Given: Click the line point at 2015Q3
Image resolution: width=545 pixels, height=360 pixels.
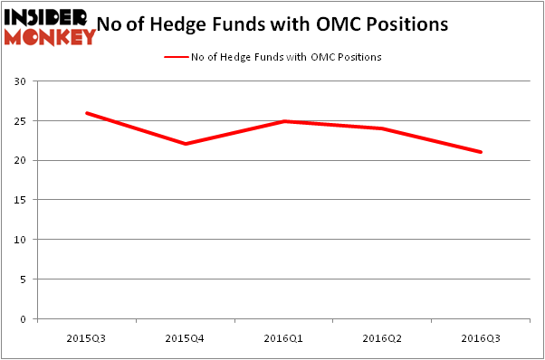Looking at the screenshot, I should point(87,113).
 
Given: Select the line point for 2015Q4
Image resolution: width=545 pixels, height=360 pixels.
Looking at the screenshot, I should point(185,144).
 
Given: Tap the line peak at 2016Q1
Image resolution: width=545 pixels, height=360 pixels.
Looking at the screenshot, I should point(283,120).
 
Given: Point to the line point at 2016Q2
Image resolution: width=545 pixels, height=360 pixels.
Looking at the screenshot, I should point(382,128).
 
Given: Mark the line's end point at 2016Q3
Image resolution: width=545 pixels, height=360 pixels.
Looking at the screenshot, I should point(481,152).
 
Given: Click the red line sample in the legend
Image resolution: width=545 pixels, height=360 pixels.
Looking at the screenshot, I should point(176,57).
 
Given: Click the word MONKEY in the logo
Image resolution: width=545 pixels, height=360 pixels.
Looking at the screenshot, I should point(49,37).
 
